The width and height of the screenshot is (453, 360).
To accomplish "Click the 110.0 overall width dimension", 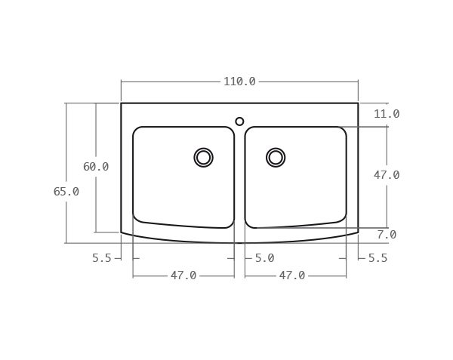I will coord(239,82).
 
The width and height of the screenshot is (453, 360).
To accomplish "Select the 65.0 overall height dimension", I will coord(66,192).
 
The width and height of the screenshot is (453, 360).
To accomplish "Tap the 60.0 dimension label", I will coord(96,167).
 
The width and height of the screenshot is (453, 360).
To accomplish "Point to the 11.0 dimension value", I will coord(386,114).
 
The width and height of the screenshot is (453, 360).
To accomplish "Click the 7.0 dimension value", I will coord(386,235).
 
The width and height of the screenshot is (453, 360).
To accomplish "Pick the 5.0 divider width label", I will coord(264,258).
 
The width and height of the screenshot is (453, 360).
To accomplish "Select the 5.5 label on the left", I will coord(102,258).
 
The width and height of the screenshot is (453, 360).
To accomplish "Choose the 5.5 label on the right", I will coord(377,258).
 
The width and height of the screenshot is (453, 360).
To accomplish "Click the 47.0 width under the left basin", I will coord(183,276).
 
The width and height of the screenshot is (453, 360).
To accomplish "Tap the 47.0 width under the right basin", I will coord(292,276).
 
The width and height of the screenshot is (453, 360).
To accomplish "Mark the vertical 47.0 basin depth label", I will coord(386,175).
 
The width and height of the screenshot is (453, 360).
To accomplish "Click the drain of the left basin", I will coord(203,157).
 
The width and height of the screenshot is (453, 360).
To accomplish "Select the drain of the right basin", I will coord(276,157).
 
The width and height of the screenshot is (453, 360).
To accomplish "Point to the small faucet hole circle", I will coord(239,122).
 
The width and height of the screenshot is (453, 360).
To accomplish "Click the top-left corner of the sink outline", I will coord(121,103).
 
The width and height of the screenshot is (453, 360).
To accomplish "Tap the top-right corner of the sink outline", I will coord(358,103).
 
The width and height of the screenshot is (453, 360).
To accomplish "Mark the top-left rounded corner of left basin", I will coord(137,131).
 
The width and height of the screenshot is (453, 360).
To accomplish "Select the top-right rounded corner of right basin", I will coord(343,131).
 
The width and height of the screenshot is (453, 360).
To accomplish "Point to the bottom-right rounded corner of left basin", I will coord(230,224).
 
